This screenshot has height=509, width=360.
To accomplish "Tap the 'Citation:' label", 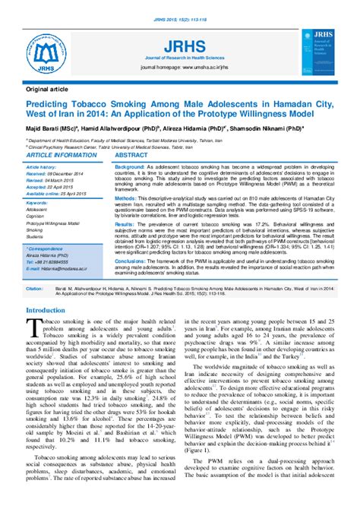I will coord(34,289).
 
